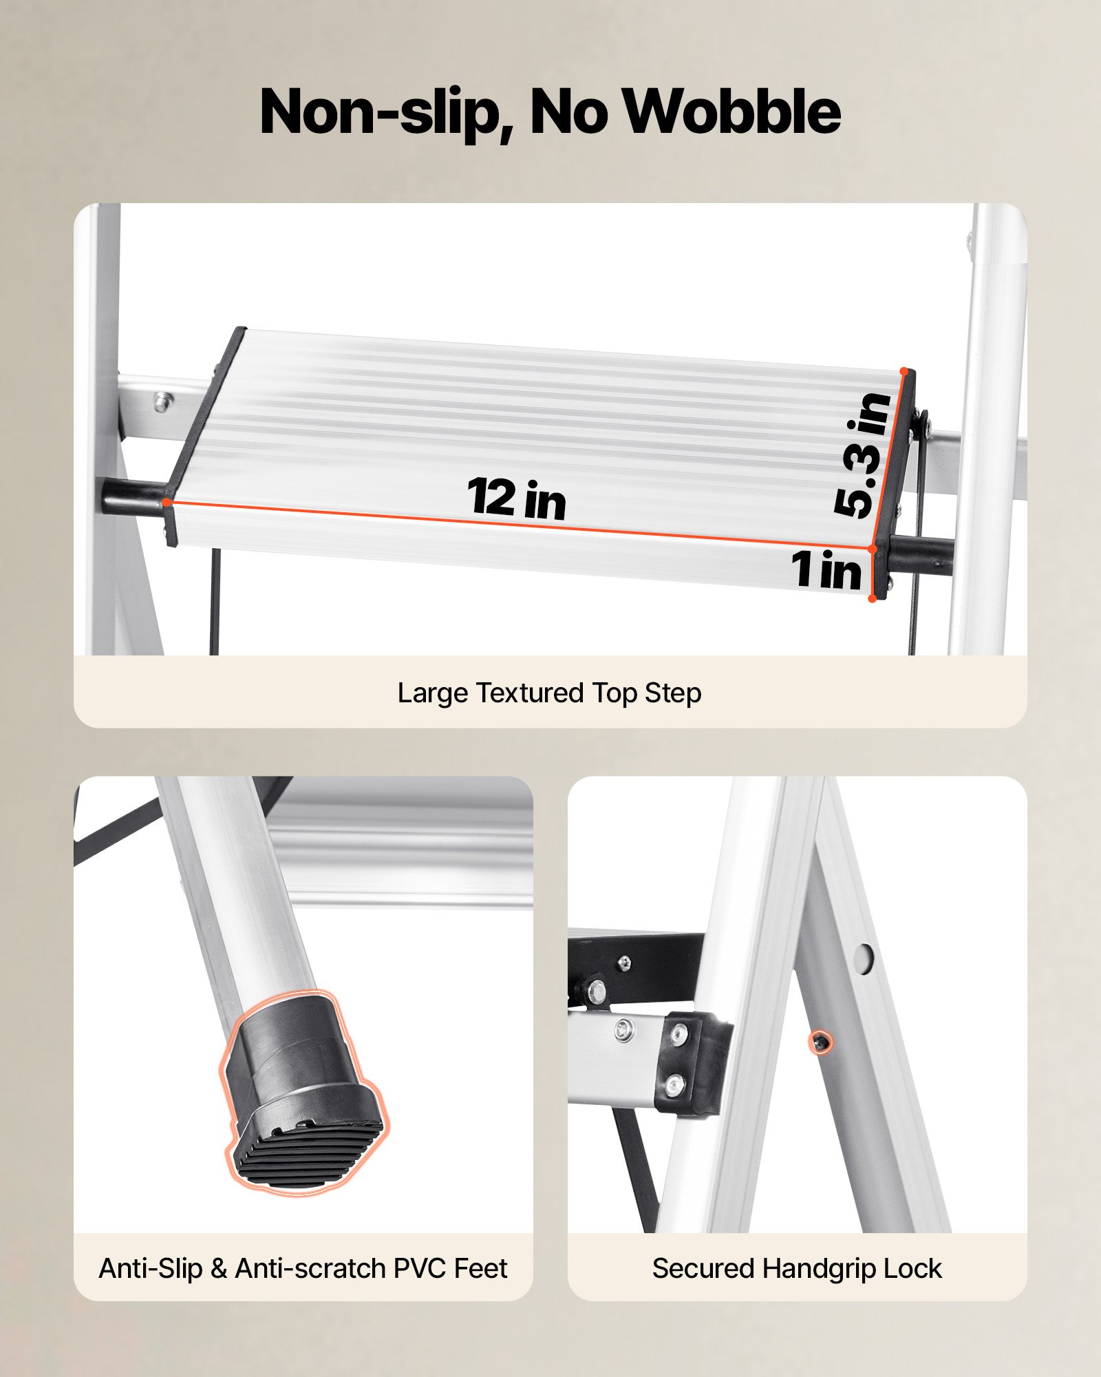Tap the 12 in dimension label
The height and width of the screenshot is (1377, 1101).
point(516,498)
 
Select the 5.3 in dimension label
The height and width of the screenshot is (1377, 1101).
point(862,454)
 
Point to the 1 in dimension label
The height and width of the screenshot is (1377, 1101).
point(826,569)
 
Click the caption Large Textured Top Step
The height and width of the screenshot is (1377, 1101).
point(549,693)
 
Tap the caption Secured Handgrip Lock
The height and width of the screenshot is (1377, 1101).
point(797,1268)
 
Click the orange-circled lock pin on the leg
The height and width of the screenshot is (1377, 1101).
point(820,1043)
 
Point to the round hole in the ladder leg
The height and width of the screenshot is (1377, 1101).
point(863,957)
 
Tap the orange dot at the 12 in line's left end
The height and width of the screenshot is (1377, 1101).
point(167,502)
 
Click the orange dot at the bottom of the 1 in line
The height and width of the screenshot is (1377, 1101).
point(872,598)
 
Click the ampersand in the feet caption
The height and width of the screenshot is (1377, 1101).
point(219,1268)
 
